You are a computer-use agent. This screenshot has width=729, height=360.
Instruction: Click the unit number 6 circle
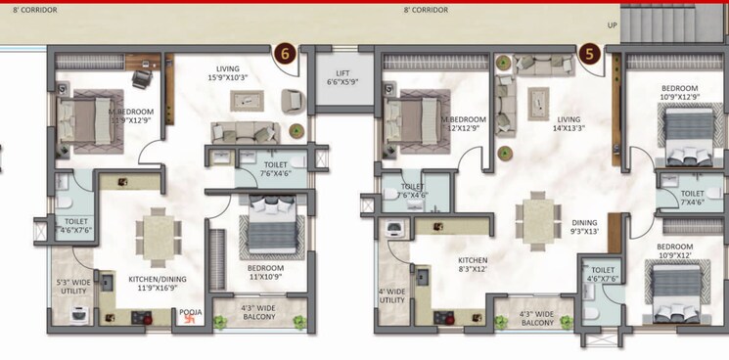(287, 54)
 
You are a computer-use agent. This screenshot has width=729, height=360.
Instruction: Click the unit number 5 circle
(589, 54)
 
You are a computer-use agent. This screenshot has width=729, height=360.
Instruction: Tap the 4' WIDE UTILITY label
(392, 294)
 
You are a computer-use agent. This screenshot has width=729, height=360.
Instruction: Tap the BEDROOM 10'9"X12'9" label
(680, 91)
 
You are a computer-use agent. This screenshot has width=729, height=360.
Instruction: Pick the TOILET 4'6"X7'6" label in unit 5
(603, 274)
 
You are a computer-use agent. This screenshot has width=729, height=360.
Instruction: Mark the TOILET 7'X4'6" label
(691, 199)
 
